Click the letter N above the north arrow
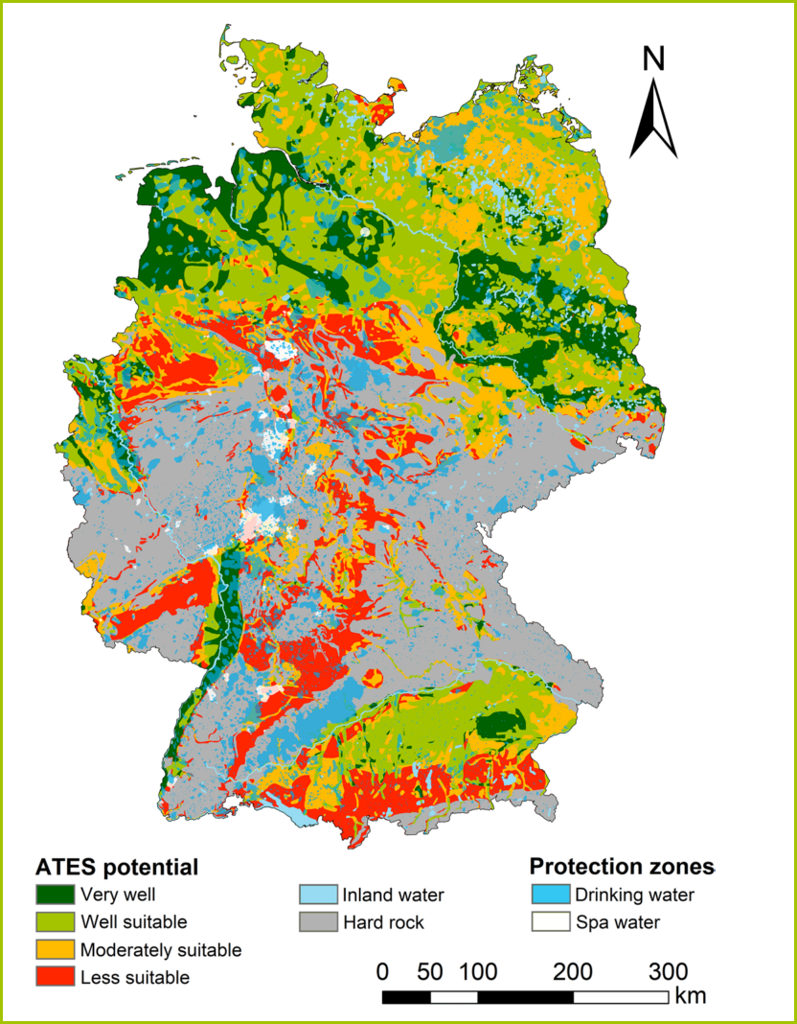653,59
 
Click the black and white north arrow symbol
653,119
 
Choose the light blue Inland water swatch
318,896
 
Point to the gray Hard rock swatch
318,922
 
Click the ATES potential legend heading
117,868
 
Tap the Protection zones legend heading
622,867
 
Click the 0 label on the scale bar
382,971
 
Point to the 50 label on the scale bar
430,971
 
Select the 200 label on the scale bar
573,971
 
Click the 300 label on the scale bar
668,971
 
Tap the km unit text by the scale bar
690,996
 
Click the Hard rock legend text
383,923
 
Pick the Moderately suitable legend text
161,950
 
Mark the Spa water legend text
618,923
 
